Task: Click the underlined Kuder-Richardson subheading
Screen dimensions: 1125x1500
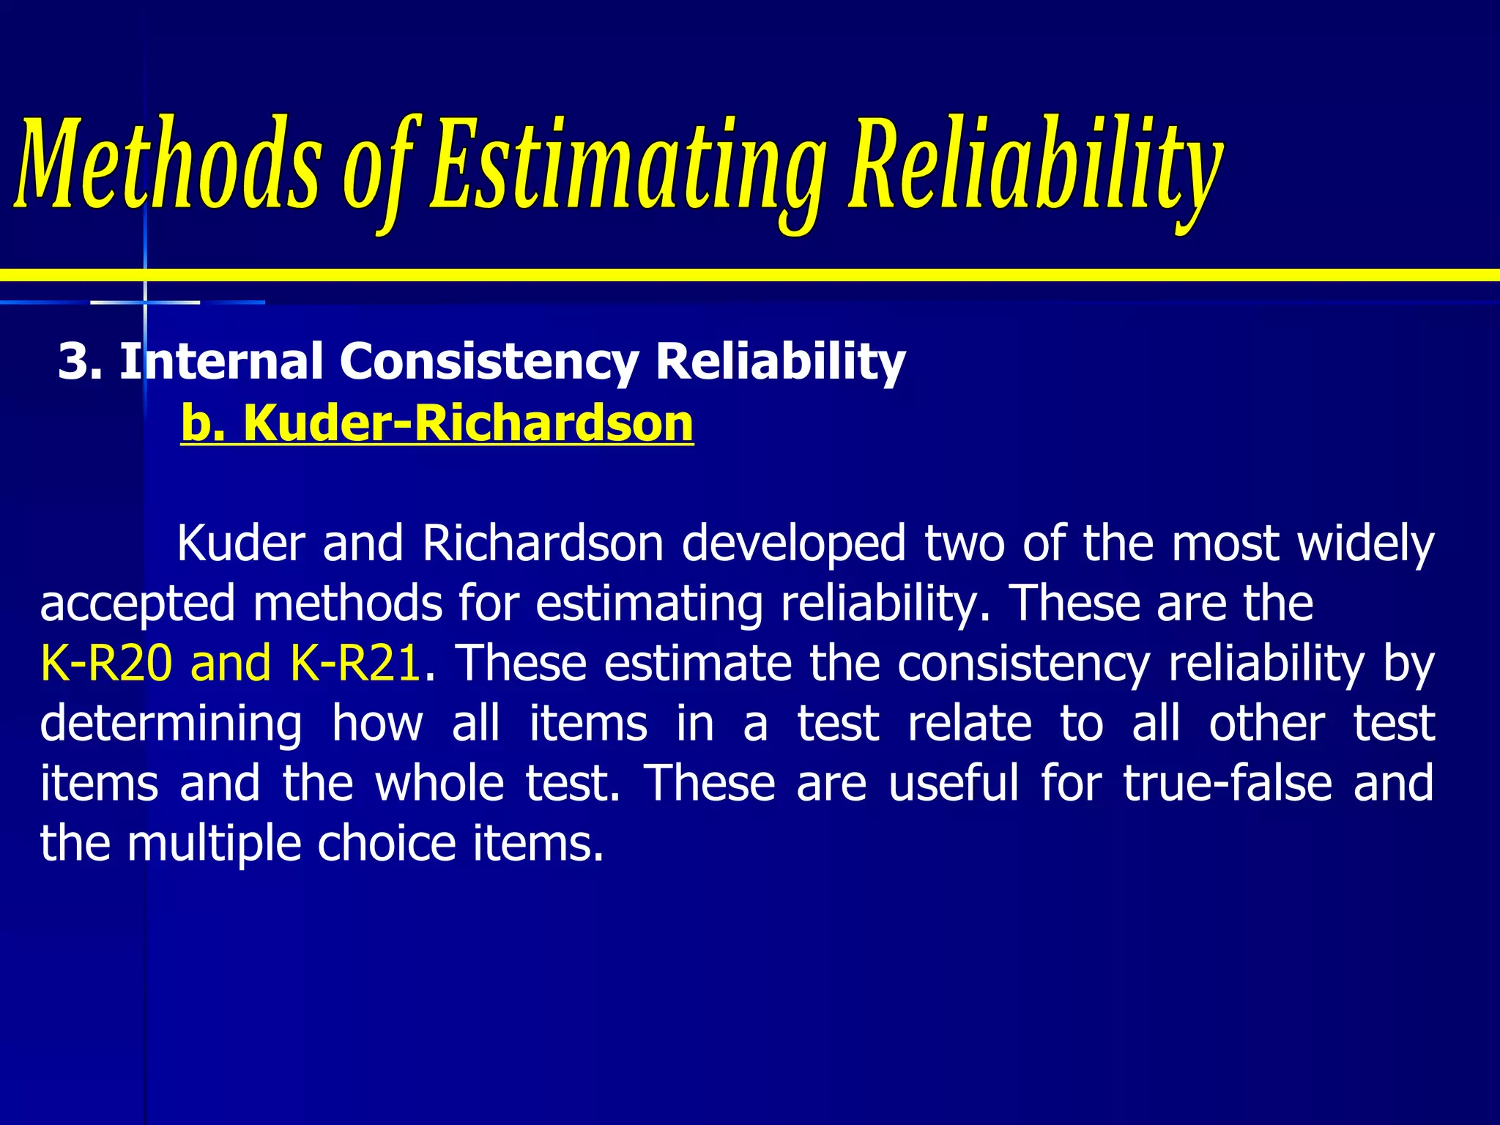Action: [468, 423]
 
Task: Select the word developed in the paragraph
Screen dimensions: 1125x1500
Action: [794, 544]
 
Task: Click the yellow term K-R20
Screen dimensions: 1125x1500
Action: [106, 663]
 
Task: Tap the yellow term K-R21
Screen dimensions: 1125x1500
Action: [355, 663]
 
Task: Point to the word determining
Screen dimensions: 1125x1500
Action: [171, 724]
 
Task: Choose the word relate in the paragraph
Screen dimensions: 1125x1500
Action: [970, 723]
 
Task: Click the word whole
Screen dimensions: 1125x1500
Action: [439, 783]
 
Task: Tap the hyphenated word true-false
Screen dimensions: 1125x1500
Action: [1228, 783]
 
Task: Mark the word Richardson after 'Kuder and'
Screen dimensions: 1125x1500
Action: [543, 544]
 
